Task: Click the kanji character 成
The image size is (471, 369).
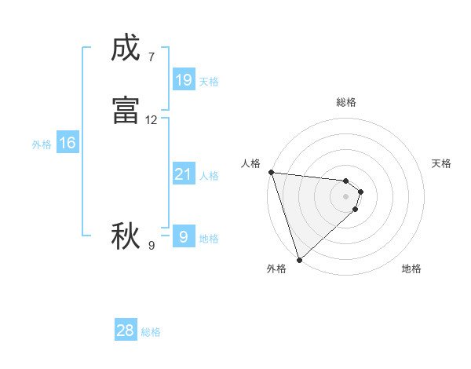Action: point(126,49)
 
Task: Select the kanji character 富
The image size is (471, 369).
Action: point(126,111)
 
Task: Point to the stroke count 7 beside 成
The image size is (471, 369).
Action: point(151,57)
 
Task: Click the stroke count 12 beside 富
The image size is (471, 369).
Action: point(152,120)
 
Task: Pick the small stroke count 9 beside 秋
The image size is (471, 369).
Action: point(151,246)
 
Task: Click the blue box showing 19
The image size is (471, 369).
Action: point(183,80)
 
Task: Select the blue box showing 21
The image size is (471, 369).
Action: point(183,174)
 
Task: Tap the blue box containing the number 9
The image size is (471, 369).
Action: point(183,236)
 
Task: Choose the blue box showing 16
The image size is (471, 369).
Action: point(68,143)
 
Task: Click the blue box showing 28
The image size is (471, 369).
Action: point(126,331)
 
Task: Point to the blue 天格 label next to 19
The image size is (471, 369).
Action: point(209,82)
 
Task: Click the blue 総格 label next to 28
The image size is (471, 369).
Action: point(152,332)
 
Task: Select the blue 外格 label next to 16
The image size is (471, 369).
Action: point(42,144)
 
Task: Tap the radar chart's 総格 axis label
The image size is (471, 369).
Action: point(346,102)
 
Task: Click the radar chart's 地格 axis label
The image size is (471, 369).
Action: point(411,269)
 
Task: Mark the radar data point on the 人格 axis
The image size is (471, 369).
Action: point(271,172)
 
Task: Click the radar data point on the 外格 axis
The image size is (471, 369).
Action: point(299,259)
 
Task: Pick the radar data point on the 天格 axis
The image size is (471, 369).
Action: point(361,192)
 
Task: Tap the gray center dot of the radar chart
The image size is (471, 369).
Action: point(346,195)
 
